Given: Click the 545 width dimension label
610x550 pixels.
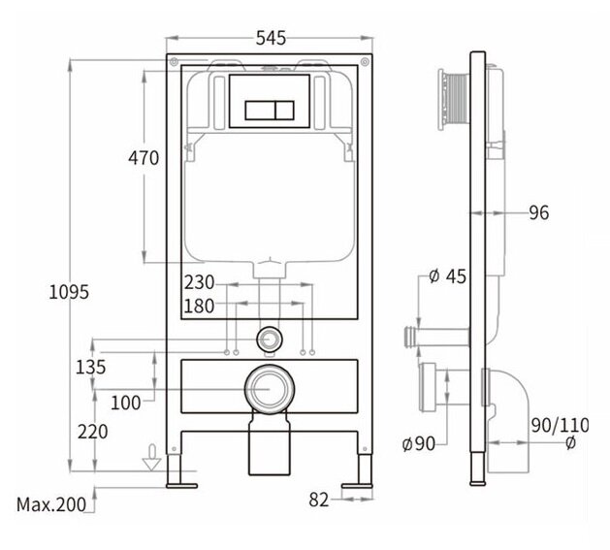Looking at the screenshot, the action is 271,38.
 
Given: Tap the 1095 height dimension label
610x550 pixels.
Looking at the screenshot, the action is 69,292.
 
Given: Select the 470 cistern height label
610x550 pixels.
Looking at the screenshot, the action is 144,158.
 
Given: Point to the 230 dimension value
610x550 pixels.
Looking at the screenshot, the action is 199,282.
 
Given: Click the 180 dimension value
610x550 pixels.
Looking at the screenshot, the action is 199,306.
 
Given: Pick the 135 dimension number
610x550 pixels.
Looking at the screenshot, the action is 90,367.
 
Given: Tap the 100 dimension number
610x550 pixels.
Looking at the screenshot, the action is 126,403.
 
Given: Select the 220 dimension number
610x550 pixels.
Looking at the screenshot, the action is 92,432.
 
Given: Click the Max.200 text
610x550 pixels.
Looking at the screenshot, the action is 51,504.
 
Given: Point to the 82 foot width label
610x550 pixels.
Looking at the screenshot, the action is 319,500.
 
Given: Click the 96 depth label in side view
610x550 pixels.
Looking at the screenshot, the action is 539,212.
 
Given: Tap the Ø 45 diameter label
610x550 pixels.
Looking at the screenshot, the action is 447,276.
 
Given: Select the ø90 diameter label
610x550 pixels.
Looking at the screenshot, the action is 418,443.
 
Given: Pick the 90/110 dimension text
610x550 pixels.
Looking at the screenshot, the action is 561,426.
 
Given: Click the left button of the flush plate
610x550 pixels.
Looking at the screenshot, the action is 260,111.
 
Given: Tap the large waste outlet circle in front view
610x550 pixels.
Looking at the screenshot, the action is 270,389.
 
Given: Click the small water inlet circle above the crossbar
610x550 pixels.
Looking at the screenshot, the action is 270,339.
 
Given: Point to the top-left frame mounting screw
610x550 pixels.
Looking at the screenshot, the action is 174,61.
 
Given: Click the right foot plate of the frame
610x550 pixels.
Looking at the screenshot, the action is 357,486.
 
